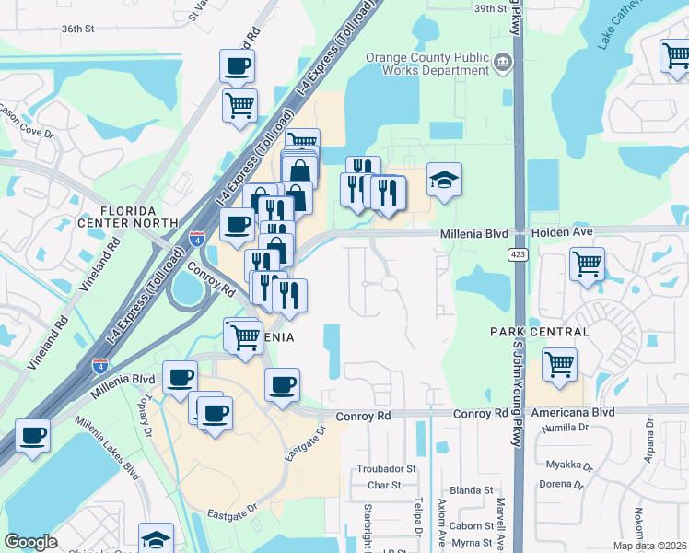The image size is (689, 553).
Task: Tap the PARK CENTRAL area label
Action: pyautogui.click(x=540, y=331)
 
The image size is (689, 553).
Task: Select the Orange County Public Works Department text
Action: pyautogui.click(x=426, y=63)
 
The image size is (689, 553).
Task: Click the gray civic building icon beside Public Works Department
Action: pyautogui.click(x=503, y=63)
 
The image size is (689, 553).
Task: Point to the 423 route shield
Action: pyautogui.click(x=519, y=253)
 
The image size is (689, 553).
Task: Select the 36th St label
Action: pyautogui.click(x=77, y=29)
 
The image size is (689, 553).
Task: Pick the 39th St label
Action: pyautogui.click(x=491, y=8)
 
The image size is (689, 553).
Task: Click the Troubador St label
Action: pyautogui.click(x=387, y=469)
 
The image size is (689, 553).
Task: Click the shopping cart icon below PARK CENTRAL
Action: pyautogui.click(x=560, y=365)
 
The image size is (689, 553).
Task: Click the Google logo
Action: pyautogui.click(x=30, y=542)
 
